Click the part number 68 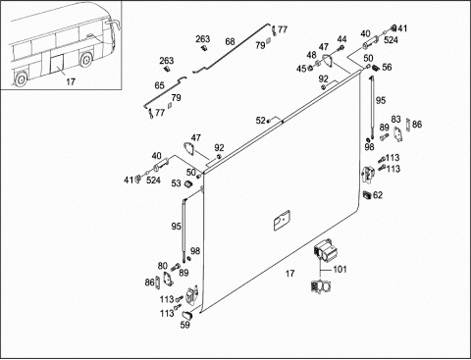(230, 41)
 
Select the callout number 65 (159, 85)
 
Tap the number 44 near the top (341, 39)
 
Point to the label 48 (312, 55)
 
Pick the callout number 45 (301, 69)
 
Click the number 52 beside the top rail (261, 121)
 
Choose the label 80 (163, 266)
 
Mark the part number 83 (395, 119)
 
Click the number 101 (340, 269)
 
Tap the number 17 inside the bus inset (71, 81)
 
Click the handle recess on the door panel (282, 221)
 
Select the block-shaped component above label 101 (325, 250)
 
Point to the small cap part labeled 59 (187, 315)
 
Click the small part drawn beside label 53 (188, 183)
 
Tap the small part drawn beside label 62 (367, 194)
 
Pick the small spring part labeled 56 (376, 68)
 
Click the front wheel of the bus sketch (85, 60)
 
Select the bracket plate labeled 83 (398, 134)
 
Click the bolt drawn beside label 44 (340, 49)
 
